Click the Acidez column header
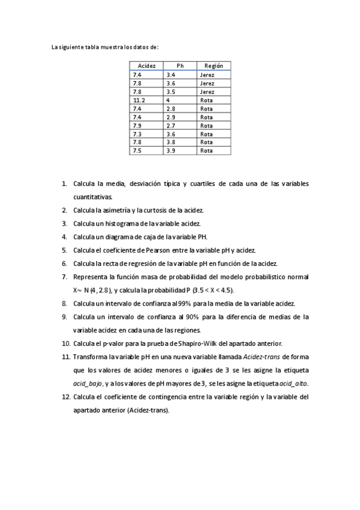tap(147, 66)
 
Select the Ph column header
tap(180, 66)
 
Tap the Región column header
tap(214, 66)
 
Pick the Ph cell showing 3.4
tap(171, 75)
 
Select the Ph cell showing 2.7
tap(171, 126)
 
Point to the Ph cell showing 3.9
tap(171, 151)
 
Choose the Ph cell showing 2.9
tap(171, 117)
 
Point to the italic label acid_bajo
tap(88, 383)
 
